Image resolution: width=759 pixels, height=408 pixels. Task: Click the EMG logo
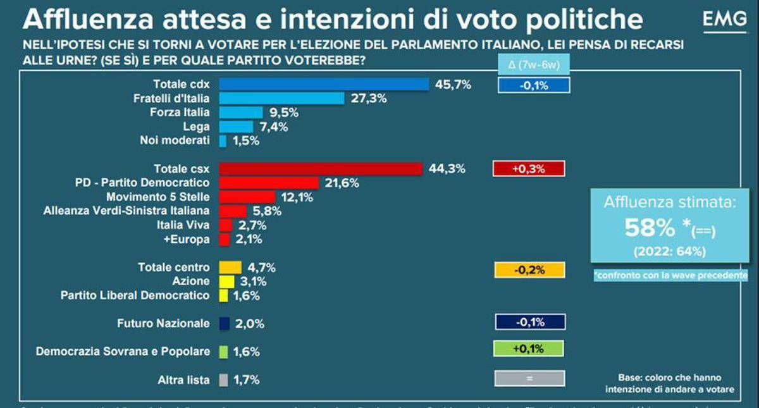point(724,21)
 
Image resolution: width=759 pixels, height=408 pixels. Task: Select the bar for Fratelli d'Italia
point(281,98)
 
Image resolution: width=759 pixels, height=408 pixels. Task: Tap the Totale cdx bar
point(324,84)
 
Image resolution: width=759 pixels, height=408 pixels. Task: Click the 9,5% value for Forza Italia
point(282,113)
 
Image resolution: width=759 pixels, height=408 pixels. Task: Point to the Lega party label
point(196,127)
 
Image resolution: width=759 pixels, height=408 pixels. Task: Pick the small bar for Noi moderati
point(222,141)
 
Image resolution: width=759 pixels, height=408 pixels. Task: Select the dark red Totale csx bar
point(320,168)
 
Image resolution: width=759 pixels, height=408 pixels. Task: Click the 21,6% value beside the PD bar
point(342,183)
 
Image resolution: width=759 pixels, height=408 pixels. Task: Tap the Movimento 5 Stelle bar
point(247,197)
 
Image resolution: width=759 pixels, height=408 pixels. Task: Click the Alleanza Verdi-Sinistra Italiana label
point(126,211)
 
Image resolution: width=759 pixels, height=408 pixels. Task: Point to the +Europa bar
point(224,239)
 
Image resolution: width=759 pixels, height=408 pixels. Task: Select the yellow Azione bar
point(226,281)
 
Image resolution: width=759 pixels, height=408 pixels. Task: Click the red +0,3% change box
point(528,169)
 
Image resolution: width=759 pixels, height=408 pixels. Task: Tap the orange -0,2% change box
point(529,269)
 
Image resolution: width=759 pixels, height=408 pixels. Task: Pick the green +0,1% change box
point(528,349)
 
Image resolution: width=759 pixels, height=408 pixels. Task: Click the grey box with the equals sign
point(529,378)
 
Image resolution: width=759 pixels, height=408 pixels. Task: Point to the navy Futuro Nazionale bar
point(223,323)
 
